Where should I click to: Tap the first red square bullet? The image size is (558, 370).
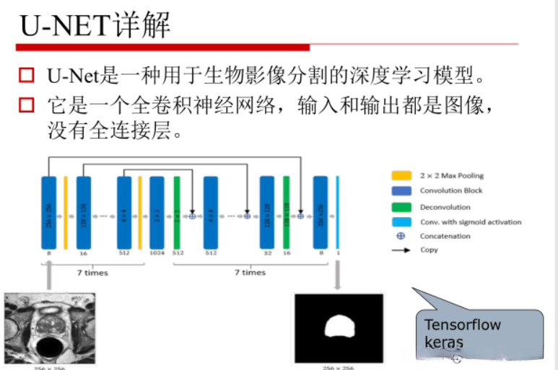pos(27,74)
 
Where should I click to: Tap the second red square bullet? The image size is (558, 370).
pos(27,106)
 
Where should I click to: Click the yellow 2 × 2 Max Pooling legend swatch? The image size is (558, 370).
pos(401,175)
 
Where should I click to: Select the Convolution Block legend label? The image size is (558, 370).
pos(451,191)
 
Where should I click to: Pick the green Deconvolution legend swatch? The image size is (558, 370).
pos(401,207)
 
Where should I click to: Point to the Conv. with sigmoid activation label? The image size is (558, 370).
pos(470,222)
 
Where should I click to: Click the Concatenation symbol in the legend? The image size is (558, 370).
pos(401,236)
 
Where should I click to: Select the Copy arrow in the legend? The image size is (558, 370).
pos(401,250)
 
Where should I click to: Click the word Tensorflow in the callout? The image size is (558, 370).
pos(462,325)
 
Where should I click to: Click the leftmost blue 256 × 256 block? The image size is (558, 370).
pos(49,214)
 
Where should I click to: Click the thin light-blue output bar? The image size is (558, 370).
pos(337,214)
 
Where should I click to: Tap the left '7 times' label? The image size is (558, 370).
pos(92,273)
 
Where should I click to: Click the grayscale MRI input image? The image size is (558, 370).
pos(49,328)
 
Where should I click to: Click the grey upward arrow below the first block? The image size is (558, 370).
pos(49,274)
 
